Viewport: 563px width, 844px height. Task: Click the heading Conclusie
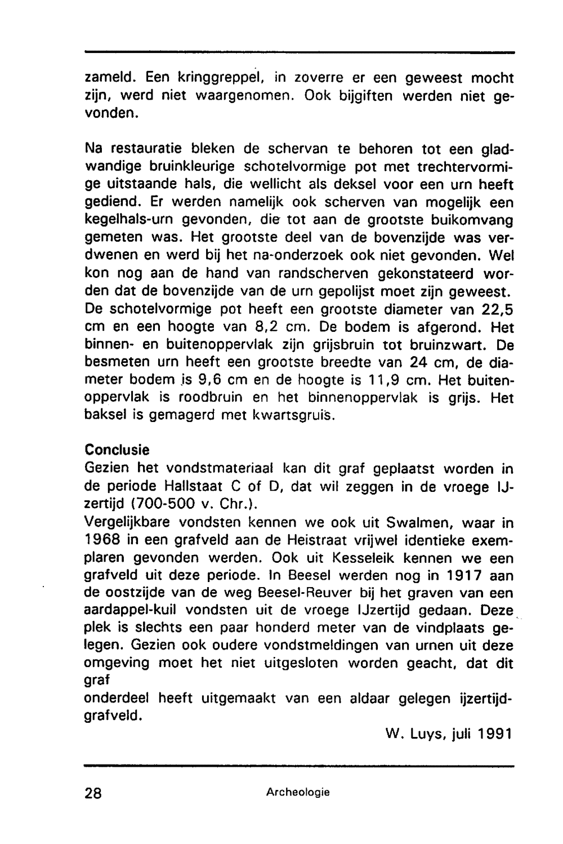117,451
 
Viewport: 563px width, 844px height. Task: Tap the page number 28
93,793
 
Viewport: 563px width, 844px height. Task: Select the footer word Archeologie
298,792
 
